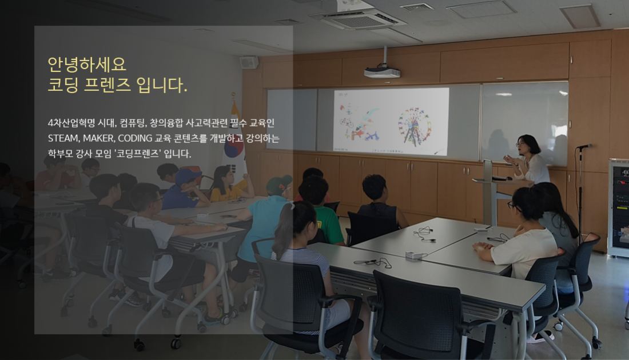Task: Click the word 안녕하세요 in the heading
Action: [87, 64]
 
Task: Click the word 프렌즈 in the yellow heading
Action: [107, 85]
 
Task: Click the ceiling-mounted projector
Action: [382, 72]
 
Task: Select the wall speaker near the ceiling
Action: [249, 62]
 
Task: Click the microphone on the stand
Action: [584, 146]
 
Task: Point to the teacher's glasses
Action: [520, 143]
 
